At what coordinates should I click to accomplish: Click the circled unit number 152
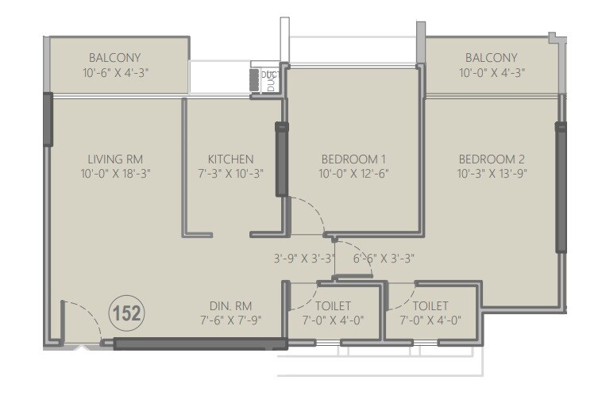(126, 313)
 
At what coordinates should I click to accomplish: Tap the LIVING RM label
(115, 159)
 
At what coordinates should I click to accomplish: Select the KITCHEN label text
(230, 159)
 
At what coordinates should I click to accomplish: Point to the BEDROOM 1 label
(353, 159)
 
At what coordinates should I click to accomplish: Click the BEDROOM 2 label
(492, 159)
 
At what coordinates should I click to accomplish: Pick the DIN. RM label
(231, 305)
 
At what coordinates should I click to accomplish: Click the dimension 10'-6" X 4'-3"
(115, 72)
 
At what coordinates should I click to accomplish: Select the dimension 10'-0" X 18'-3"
(115, 174)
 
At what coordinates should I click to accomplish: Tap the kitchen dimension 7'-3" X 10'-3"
(230, 174)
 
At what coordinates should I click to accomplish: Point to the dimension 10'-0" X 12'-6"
(353, 174)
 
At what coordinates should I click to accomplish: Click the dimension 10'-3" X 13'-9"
(492, 174)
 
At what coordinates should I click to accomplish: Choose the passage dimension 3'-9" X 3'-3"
(304, 259)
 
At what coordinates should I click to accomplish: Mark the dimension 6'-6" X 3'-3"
(383, 259)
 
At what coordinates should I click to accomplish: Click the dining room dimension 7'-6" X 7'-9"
(231, 320)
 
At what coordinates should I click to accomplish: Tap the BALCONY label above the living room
(115, 58)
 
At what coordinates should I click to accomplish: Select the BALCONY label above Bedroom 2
(492, 58)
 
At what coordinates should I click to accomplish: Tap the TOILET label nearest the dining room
(333, 305)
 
